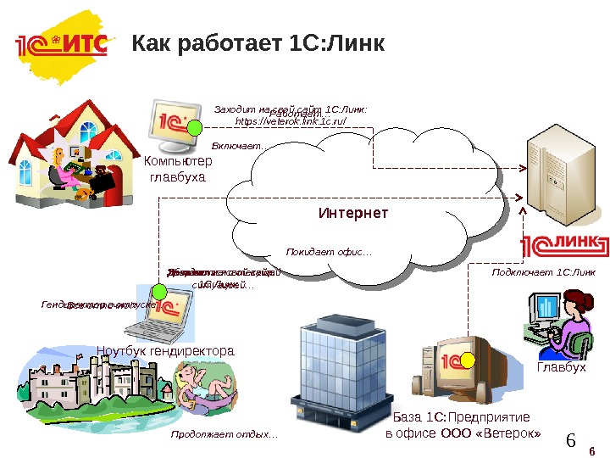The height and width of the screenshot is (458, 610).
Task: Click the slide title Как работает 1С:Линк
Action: [258, 42]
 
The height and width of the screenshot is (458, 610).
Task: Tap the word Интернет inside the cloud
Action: [352, 212]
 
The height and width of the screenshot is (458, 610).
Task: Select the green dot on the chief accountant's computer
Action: [196, 128]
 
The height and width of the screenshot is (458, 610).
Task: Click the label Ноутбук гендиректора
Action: [164, 351]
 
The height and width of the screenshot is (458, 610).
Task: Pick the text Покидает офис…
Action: [329, 252]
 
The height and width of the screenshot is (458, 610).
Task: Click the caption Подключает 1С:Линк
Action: [543, 272]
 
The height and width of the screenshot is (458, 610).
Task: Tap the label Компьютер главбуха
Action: [178, 170]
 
